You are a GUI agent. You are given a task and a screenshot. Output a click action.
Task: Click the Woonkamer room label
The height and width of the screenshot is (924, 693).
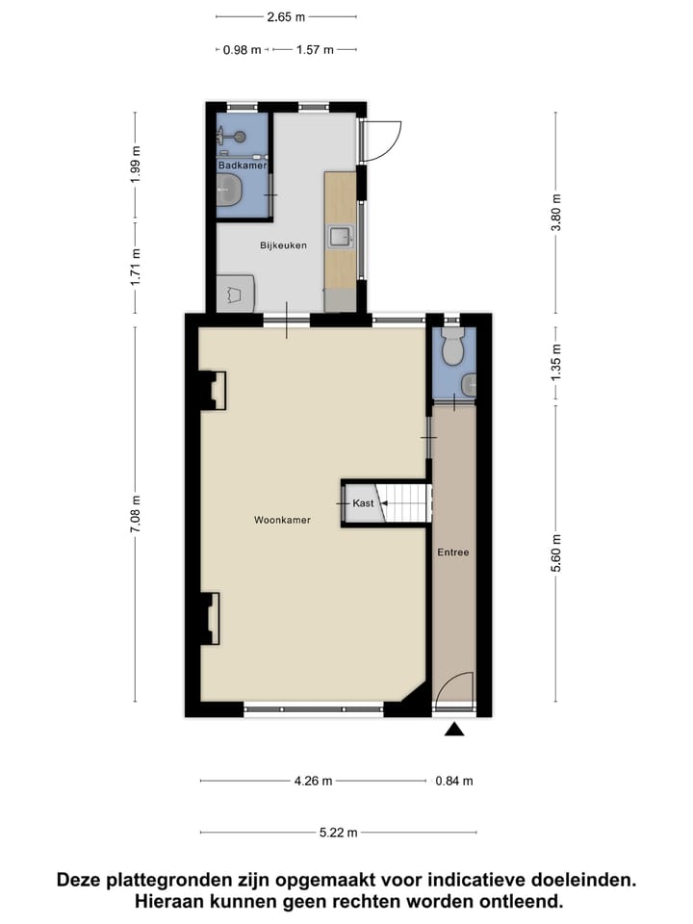(282, 520)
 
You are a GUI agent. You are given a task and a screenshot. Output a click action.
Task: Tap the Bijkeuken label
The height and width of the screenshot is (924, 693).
(283, 245)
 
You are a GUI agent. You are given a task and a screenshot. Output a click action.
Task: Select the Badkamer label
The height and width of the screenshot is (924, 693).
(242, 166)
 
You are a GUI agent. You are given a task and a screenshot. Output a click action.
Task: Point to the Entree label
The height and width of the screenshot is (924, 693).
(452, 552)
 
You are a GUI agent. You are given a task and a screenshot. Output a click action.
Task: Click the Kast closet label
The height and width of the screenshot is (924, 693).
(363, 503)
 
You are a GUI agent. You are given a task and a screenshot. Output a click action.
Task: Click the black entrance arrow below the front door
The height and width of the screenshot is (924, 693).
(454, 731)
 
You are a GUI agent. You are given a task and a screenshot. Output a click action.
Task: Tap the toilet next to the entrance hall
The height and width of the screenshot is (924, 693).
(452, 348)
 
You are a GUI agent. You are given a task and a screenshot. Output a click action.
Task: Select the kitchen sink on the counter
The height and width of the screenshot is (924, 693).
(341, 236)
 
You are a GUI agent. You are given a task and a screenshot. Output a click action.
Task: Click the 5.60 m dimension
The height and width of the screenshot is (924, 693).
(555, 552)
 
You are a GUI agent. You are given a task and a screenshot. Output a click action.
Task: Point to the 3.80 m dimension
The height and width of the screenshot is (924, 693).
(555, 213)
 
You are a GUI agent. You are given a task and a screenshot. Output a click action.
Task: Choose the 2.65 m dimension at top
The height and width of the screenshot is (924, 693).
(286, 16)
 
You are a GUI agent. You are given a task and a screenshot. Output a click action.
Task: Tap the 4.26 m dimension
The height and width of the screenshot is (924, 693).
(313, 781)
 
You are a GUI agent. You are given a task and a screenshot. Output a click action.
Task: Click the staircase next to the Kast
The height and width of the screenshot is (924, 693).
(406, 503)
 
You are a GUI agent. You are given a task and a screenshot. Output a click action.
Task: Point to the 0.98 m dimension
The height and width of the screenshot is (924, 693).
(242, 50)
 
